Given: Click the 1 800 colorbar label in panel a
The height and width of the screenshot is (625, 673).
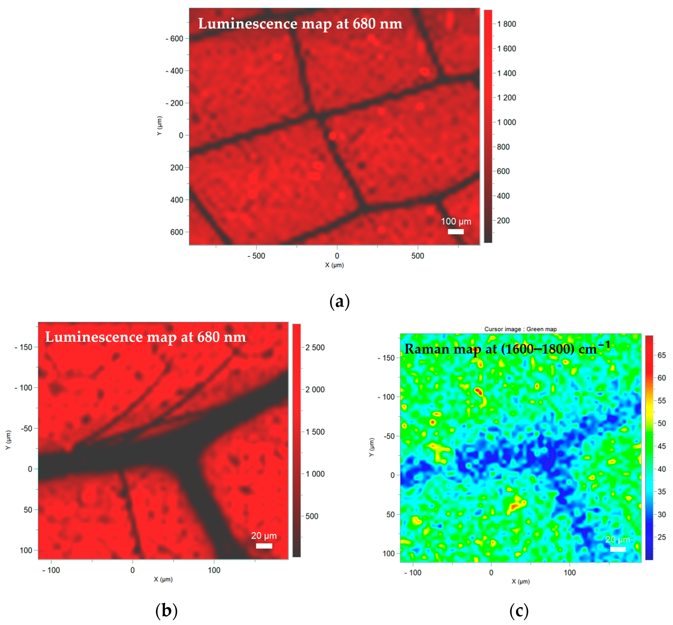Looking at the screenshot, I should [x=506, y=24].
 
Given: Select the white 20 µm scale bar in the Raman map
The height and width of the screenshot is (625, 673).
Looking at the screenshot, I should [x=618, y=549].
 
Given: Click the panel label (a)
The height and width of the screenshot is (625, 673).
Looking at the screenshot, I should [x=339, y=301].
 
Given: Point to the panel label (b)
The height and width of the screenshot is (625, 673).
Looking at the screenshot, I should [x=166, y=611].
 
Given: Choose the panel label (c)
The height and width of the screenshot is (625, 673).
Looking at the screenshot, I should [x=519, y=611].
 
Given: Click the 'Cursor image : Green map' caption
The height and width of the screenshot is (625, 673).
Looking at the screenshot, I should [x=520, y=329].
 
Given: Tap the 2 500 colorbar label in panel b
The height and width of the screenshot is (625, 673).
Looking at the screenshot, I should [x=315, y=347].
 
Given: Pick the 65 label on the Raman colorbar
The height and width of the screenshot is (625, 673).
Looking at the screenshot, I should [x=662, y=355].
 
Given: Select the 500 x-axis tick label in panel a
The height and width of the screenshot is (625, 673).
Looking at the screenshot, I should [x=418, y=256].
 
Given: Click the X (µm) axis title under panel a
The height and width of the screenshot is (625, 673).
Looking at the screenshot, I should [x=334, y=265].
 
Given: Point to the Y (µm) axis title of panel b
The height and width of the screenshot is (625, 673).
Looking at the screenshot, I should [x=8, y=440].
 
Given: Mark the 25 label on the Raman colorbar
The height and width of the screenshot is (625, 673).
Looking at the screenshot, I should [x=662, y=537].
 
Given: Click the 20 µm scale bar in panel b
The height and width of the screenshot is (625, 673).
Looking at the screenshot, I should [x=264, y=546].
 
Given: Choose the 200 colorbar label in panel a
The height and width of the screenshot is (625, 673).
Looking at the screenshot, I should [x=503, y=220].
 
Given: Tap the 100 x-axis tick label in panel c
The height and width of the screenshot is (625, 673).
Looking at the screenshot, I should [x=570, y=573].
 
